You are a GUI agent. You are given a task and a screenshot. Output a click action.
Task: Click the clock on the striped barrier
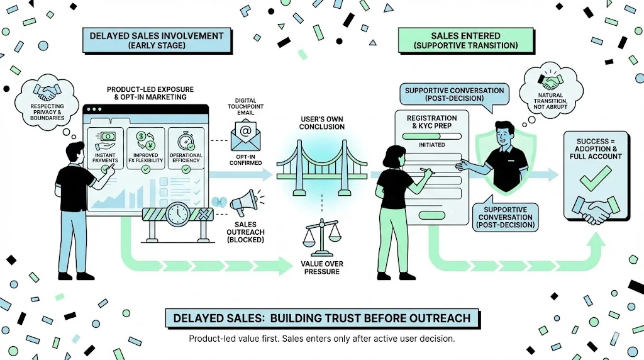click(x=179, y=214)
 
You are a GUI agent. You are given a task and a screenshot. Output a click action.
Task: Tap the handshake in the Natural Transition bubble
click(x=553, y=83)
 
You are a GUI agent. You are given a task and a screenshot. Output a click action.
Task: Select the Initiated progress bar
click(x=431, y=145)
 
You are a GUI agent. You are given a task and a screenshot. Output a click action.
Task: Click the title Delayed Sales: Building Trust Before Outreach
click(x=321, y=318)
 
